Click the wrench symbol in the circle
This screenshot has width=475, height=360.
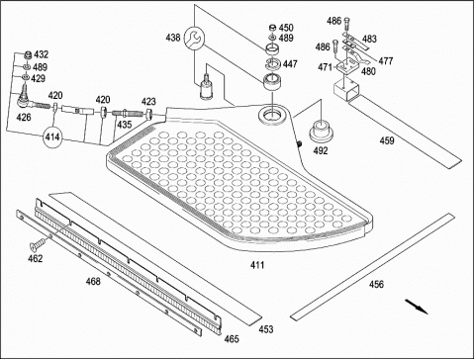click(x=194, y=39)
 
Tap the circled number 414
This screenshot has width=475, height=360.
click(x=52, y=136)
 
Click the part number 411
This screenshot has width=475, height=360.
click(x=257, y=265)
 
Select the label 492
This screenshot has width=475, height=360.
click(x=321, y=150)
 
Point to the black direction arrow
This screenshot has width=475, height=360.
click(x=417, y=307)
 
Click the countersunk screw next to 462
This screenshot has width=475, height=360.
click(x=39, y=242)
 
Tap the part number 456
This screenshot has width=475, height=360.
click(x=376, y=284)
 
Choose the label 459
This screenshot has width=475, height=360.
click(x=387, y=140)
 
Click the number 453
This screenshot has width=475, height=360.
click(x=266, y=329)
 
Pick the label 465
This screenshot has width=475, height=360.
click(x=232, y=339)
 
